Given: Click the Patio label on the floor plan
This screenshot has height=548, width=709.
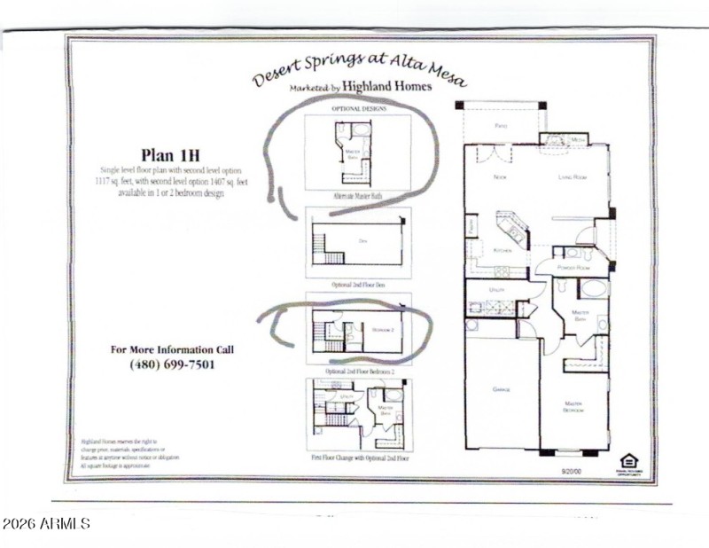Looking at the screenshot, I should (x=500, y=125).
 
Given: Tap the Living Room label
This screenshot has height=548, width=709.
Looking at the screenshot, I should (x=573, y=177).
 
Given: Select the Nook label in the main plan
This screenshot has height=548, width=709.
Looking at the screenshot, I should (x=499, y=177).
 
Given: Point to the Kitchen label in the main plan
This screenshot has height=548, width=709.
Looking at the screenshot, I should (x=503, y=250).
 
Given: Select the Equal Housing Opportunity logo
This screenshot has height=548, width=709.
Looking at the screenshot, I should (x=628, y=462).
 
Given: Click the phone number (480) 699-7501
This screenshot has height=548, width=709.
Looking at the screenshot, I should (x=172, y=364).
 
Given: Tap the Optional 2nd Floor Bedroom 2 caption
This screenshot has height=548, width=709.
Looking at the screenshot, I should (x=358, y=370).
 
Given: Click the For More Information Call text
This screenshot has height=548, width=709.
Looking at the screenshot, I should (x=172, y=348).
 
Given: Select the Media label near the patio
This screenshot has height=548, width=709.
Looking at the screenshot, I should (x=576, y=139).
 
